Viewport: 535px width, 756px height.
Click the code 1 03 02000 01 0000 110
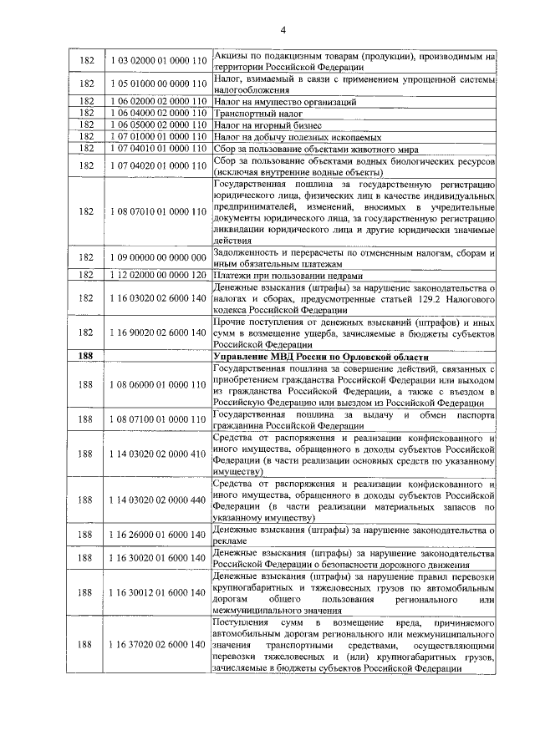pos(157,61)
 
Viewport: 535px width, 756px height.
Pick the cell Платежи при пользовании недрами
pos(288,276)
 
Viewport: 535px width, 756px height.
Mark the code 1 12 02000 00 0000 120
pos(157,276)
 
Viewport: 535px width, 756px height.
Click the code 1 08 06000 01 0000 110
pos(157,385)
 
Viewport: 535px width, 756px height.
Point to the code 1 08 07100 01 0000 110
pos(157,419)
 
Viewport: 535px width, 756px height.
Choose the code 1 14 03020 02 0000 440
pos(157,500)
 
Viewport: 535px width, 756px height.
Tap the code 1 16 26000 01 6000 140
pos(157,534)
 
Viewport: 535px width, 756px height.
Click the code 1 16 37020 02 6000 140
pos(157,645)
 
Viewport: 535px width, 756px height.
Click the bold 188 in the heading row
pos(85,357)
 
